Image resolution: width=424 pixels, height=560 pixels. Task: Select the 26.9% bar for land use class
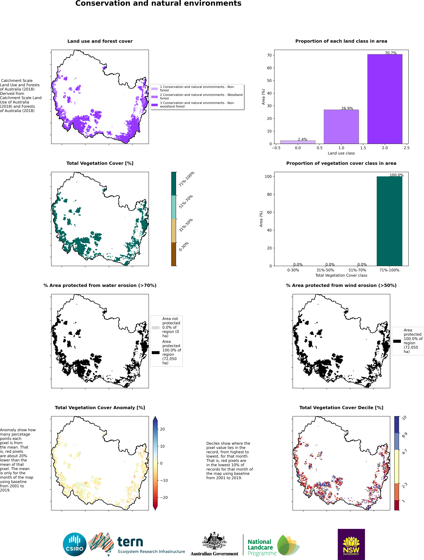[341, 127]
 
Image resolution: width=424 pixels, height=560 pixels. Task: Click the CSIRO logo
[75, 544]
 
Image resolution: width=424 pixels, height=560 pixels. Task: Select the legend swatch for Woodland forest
[154, 97]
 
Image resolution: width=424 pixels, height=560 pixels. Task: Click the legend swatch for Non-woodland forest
[154, 105]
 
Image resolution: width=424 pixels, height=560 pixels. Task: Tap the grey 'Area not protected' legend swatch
[156, 328]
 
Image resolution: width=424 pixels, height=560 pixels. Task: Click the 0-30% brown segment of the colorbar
[174, 254]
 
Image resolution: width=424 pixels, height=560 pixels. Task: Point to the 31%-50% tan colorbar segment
[174, 231]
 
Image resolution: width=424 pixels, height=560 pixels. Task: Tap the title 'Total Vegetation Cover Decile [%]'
[341, 408]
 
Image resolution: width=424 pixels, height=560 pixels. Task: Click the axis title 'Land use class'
[341, 153]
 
